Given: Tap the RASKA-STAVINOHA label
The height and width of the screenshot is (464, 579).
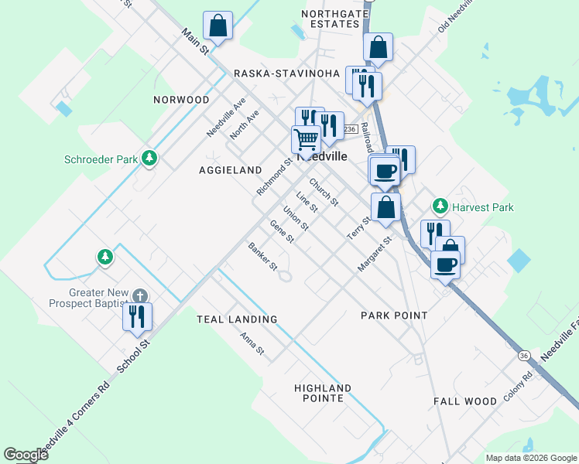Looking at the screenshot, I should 287,73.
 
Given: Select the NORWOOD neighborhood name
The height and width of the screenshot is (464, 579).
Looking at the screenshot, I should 181,100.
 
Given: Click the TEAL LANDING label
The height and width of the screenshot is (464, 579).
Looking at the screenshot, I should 237,319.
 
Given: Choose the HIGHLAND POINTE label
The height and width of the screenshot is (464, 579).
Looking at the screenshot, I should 323,393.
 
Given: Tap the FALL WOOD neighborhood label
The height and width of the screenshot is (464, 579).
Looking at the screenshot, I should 464,401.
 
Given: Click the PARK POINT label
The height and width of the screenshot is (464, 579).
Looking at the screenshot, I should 394,316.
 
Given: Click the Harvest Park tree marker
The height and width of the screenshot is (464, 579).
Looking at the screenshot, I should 440,206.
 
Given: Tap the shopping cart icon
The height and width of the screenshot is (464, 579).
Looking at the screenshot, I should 306,139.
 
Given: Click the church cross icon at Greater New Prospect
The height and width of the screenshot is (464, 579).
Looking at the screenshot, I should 140,295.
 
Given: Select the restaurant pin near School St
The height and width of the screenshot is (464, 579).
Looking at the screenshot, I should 137,316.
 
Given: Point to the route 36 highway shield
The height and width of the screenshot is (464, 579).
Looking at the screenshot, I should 524,356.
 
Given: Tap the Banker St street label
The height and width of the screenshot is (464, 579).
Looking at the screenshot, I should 262,258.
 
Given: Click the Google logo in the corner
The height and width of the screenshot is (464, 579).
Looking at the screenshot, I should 26,455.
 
